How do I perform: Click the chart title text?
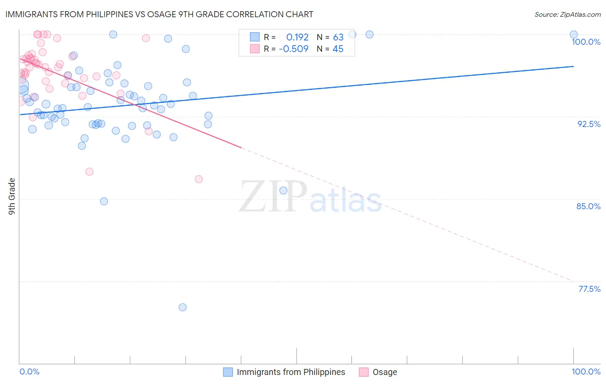tap(159, 14)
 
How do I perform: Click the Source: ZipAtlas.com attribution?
tap(567, 14)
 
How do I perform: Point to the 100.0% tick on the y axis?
tap(586, 42)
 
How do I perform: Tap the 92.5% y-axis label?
tap(589, 124)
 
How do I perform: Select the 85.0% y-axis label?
tap(588, 206)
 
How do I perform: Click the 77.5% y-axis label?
tap(589, 289)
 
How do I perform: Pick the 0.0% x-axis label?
tap(29, 372)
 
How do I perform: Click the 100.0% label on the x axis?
tap(586, 372)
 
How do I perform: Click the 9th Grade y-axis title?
tap(12, 196)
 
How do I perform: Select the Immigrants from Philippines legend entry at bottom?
tap(284, 372)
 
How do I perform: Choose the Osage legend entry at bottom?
tap(378, 372)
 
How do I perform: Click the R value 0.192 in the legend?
tap(297, 37)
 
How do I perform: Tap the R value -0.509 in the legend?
tap(294, 49)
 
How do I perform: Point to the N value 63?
tap(338, 37)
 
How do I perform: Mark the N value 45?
tap(338, 49)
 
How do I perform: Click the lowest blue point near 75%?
tap(182, 307)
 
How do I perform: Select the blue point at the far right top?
tap(574, 34)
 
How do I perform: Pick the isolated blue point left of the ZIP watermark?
tap(283, 190)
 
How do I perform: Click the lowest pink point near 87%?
tap(199, 179)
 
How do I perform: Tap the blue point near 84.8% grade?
tap(104, 201)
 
